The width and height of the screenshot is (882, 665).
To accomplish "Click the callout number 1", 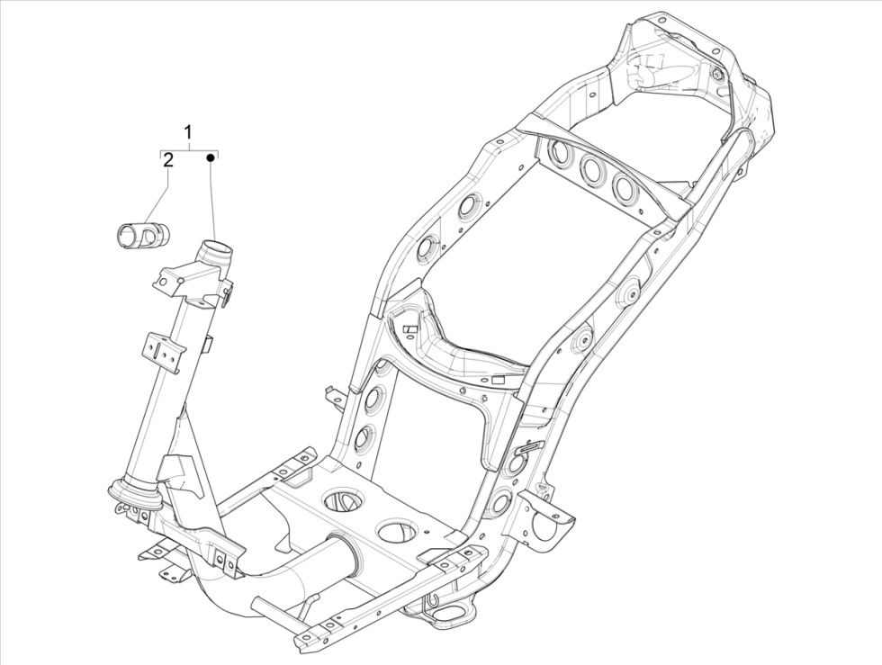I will (189, 132).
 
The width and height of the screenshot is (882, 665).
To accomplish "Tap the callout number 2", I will (167, 160).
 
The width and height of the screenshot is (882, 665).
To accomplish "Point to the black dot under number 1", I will (211, 158).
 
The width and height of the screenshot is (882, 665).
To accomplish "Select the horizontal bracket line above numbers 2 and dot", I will (189, 148).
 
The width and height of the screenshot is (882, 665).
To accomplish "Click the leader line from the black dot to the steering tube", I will (212, 198).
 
